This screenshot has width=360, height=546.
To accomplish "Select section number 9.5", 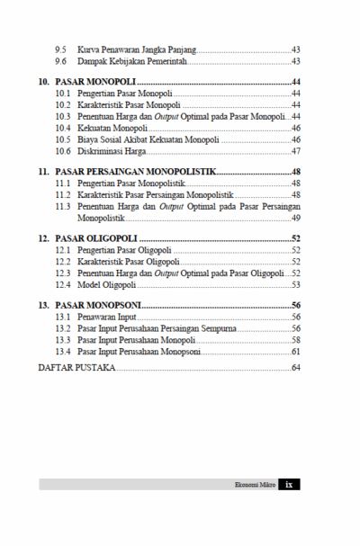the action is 60,48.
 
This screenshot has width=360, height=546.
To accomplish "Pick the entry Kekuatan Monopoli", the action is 112,128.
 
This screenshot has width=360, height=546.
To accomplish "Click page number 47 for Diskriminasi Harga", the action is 295,150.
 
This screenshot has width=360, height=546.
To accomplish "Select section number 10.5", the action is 62,139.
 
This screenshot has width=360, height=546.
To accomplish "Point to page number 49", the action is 295,217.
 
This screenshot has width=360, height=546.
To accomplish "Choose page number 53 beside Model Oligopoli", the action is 295,283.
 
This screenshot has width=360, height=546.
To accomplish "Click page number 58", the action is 295,340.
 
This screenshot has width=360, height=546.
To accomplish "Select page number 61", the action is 295,351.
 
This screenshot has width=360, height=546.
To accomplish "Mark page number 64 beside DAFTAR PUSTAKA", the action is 295,368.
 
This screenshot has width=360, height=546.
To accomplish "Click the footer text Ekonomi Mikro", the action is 253,484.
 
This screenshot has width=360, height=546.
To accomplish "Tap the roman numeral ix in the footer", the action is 289,484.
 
